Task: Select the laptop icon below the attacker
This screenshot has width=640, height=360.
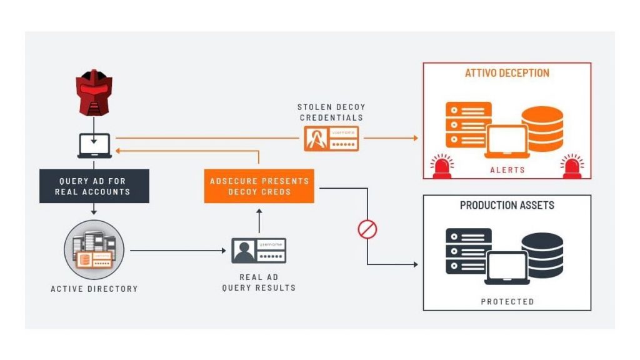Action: pos(94,146)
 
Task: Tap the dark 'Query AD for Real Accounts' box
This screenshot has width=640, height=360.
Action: pos(94,186)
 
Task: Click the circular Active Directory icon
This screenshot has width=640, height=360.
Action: pos(94,249)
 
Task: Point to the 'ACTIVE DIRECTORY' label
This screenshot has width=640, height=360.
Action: pos(94,289)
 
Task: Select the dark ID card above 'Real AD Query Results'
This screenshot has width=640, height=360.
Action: pos(259,251)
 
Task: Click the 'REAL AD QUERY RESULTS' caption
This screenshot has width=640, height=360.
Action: pos(259,282)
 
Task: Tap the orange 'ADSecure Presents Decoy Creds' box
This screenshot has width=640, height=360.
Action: pos(259,186)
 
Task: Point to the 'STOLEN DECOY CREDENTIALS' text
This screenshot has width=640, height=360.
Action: pos(331,112)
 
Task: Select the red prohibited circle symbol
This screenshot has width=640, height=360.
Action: pos(367,229)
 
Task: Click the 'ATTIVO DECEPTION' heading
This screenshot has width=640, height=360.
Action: pos(507,73)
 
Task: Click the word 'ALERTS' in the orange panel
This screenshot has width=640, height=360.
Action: pos(507,169)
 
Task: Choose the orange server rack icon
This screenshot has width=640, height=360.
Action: pos(468,124)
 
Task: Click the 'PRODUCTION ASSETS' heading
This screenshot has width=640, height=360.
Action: pos(507,206)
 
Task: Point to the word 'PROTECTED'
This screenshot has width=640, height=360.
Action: pos(507,301)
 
